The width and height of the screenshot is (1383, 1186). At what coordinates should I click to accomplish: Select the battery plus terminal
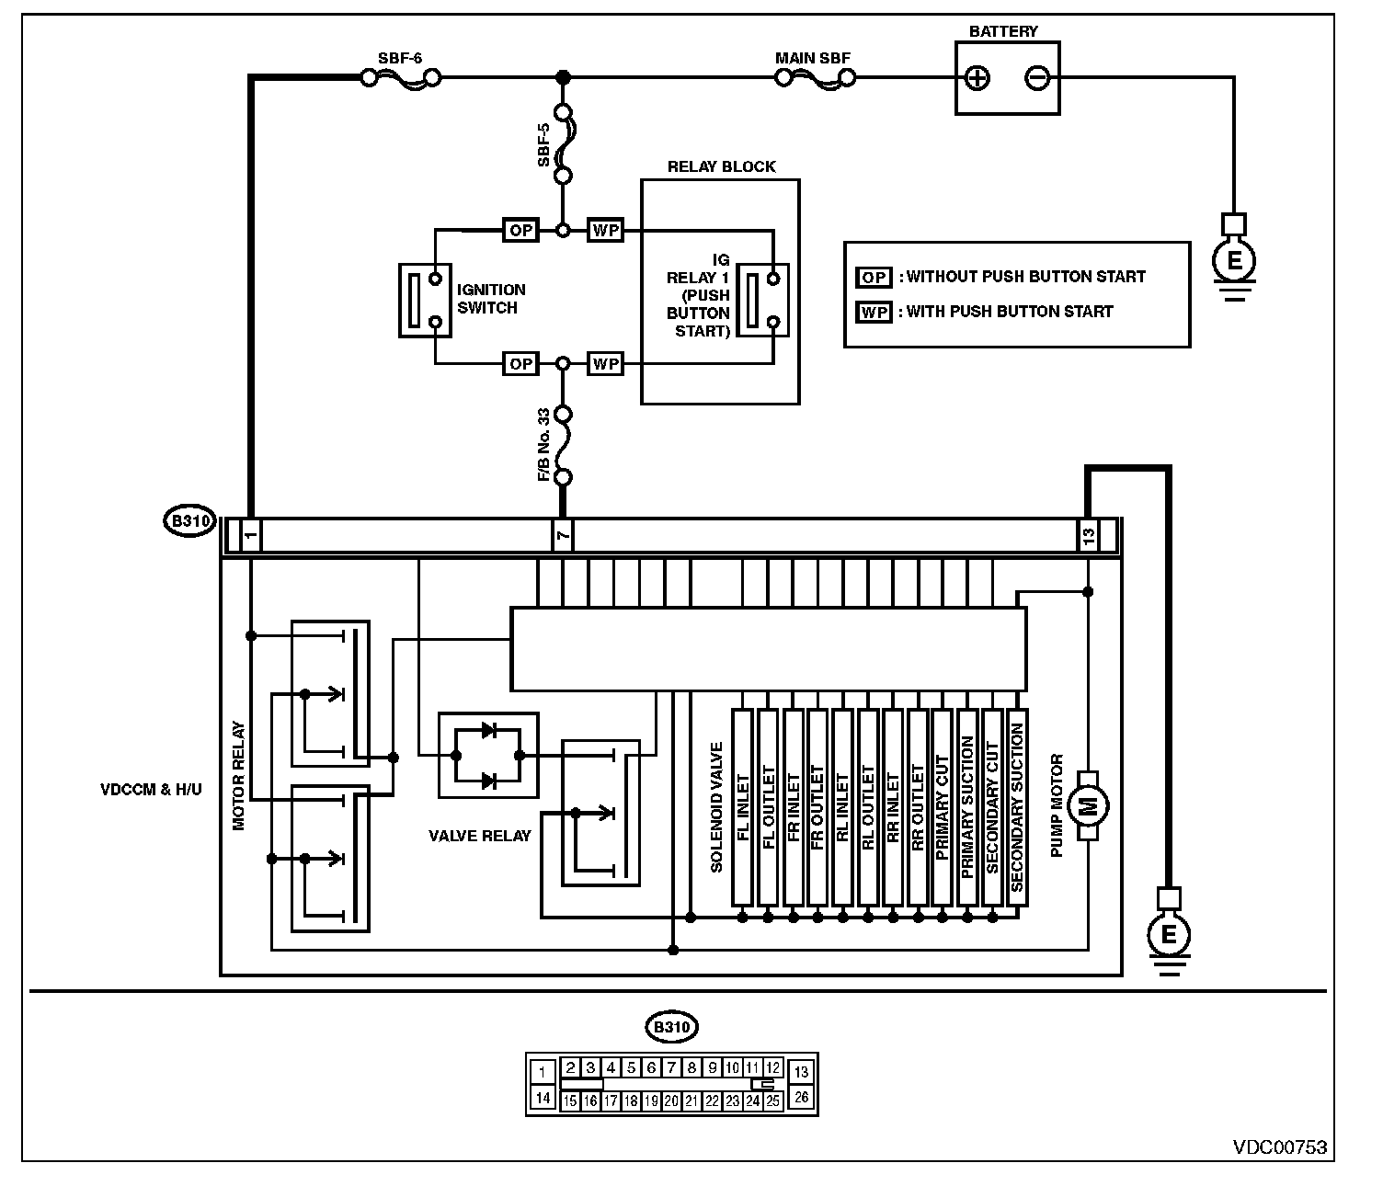(977, 78)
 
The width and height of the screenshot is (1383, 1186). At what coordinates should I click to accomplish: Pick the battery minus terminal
(1037, 78)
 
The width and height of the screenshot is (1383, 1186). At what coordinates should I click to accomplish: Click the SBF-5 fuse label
(543, 144)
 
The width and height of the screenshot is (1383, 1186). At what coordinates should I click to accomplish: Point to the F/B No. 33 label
(543, 444)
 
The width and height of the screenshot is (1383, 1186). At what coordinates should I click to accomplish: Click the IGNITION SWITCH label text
(491, 299)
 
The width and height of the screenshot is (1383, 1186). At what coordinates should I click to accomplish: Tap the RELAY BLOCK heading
(721, 166)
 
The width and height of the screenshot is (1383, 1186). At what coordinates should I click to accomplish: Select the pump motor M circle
(1088, 806)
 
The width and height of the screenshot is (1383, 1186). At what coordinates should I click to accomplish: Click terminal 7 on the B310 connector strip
(563, 535)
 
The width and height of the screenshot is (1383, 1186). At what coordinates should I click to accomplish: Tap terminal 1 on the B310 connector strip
(251, 535)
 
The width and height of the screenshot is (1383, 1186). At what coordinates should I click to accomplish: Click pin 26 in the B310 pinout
(801, 1097)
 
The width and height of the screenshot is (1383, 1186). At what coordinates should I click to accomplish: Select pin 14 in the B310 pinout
(543, 1098)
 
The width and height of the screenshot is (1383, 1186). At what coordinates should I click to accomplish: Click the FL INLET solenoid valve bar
(743, 807)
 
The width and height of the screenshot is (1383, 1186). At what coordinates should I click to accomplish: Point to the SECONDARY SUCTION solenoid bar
(1017, 807)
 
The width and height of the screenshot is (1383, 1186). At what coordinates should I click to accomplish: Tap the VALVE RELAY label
(480, 836)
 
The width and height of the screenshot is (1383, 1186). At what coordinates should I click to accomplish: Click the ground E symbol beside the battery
(1234, 259)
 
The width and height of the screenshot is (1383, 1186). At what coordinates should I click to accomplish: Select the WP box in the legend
(874, 313)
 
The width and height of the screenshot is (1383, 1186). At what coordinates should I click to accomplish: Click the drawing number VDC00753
(1280, 1148)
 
